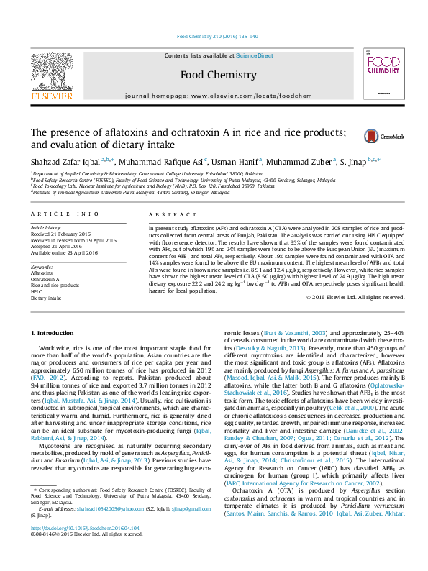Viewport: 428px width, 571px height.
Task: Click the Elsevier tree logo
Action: (51, 71)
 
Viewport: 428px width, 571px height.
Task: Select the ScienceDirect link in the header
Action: (254, 55)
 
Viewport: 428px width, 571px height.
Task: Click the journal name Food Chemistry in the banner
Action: (218, 75)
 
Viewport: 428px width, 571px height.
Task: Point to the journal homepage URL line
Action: (218, 96)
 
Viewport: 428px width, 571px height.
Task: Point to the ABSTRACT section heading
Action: (167, 215)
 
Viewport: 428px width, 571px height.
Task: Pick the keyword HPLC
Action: (37, 291)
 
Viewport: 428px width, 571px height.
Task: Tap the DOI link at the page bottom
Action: (86, 547)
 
